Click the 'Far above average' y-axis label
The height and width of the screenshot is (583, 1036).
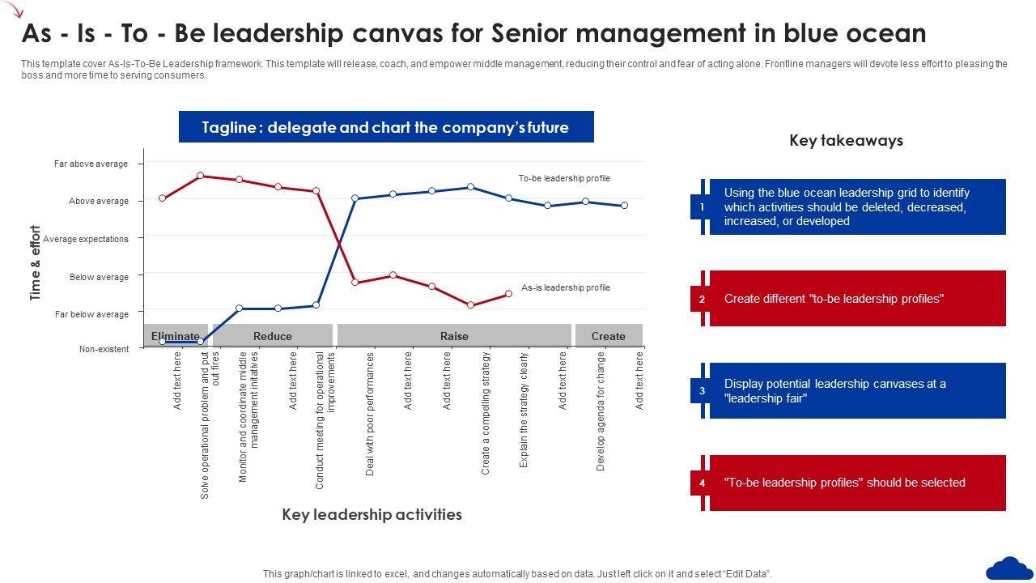pyautogui.click(x=91, y=164)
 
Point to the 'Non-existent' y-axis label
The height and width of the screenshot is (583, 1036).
pyautogui.click(x=104, y=349)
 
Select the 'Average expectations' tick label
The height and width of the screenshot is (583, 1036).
pyautogui.click(x=86, y=239)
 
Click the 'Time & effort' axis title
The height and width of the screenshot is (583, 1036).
pyautogui.click(x=36, y=263)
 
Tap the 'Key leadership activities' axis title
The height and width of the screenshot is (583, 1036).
pyautogui.click(x=372, y=514)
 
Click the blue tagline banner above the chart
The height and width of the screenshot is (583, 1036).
pyautogui.click(x=385, y=127)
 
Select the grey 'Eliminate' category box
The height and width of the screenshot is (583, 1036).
pyautogui.click(x=175, y=336)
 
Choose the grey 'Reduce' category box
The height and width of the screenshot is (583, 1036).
pyautogui.click(x=272, y=336)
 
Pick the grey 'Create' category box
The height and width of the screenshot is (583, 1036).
pyautogui.click(x=608, y=336)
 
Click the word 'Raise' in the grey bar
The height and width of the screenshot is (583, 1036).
pyautogui.click(x=454, y=336)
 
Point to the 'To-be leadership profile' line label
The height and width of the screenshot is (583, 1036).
pyautogui.click(x=564, y=178)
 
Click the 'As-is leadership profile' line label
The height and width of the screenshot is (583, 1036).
pyautogui.click(x=565, y=287)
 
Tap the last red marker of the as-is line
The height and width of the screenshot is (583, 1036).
pyautogui.click(x=508, y=294)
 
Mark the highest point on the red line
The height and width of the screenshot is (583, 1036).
pyautogui.click(x=201, y=176)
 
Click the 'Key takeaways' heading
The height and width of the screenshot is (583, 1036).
pyautogui.click(x=846, y=140)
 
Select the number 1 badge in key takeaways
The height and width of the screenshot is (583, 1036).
pyautogui.click(x=702, y=207)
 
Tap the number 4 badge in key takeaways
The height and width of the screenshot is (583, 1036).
pyautogui.click(x=702, y=483)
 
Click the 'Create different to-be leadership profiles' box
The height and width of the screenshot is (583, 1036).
pyautogui.click(x=856, y=299)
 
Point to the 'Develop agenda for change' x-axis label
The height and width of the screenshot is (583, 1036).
pyautogui.click(x=601, y=411)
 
